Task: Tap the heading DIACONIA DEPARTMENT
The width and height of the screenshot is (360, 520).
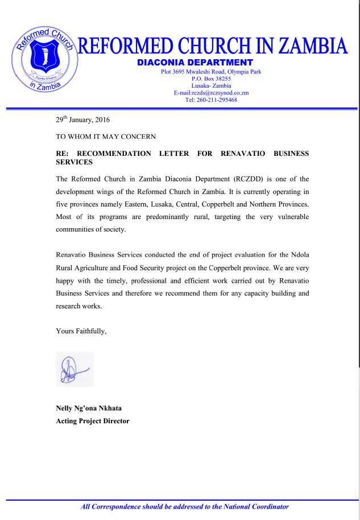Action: [195, 62]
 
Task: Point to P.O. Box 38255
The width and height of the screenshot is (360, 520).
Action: [211, 79]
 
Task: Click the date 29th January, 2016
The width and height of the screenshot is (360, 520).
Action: [82, 120]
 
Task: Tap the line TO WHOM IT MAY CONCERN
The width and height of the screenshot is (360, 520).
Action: [106, 137]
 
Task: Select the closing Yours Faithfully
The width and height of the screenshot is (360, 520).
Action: [81, 331]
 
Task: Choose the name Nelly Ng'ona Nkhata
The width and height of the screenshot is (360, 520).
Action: [89, 408]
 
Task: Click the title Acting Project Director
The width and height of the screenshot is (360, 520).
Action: [93, 421]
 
